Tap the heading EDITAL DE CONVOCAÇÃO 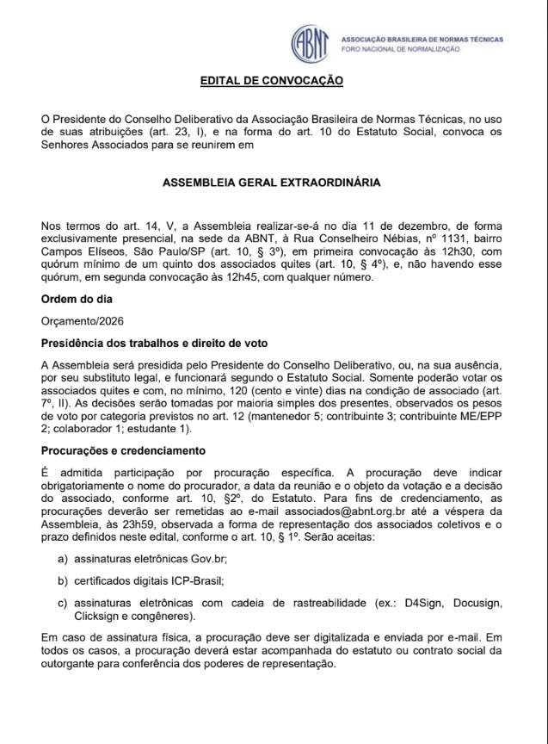[272, 81]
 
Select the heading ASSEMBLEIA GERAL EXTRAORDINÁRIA [272, 183]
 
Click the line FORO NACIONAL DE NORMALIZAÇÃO [401, 50]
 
